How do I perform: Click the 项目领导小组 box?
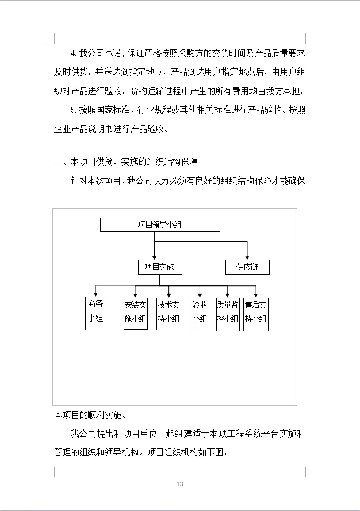tap(160, 224)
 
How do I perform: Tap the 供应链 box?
tap(247, 267)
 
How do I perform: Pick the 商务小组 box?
tap(96, 313)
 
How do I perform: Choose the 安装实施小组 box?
tap(135, 313)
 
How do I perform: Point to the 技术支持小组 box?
tap(169, 313)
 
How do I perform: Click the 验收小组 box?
tap(200, 313)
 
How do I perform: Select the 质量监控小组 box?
tap(227, 313)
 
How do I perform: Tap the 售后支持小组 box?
tap(256, 313)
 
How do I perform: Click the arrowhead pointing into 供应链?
tap(247, 257)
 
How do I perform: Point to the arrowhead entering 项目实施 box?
tap(155, 257)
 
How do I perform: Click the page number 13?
tap(180, 484)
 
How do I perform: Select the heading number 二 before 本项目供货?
tap(58, 161)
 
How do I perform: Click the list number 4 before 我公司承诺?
tap(74, 53)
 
